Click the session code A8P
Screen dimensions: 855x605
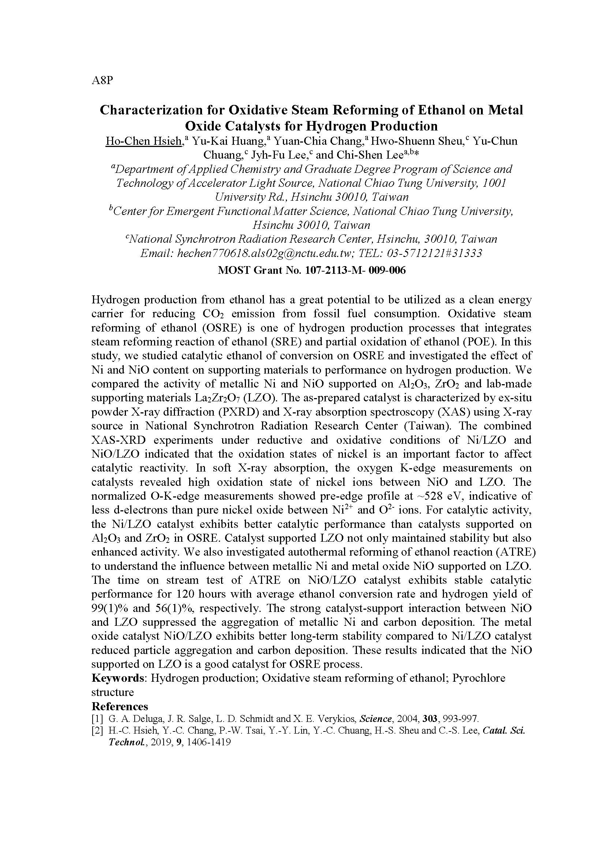click(102, 80)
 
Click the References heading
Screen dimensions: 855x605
click(120, 707)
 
